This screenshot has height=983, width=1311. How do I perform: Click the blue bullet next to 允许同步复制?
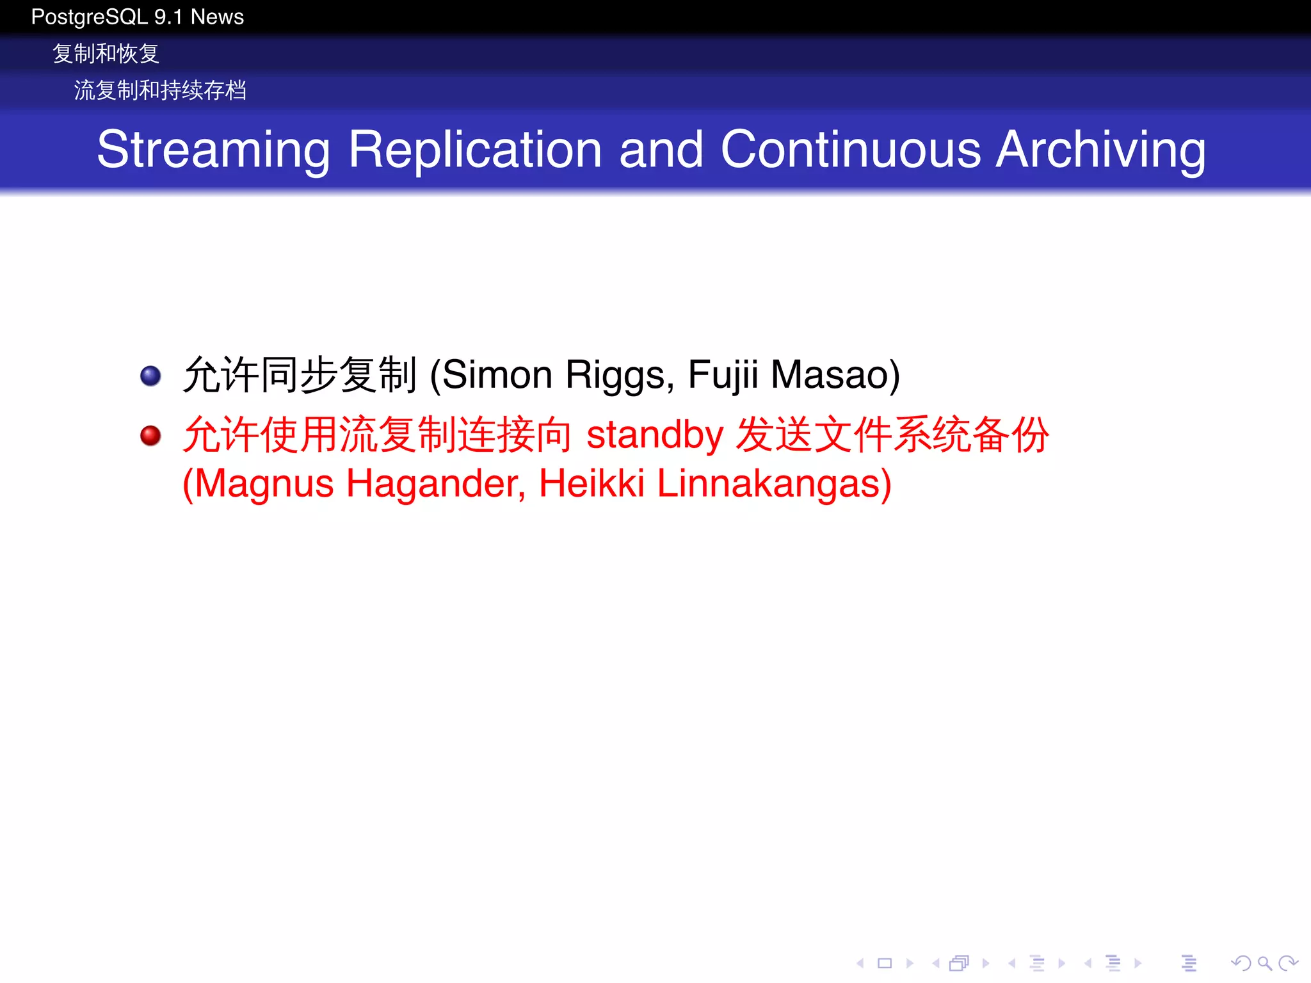tap(150, 376)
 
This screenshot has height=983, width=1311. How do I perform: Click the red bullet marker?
tap(150, 436)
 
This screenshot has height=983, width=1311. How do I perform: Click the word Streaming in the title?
tap(213, 150)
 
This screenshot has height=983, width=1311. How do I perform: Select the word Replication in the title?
tap(475, 150)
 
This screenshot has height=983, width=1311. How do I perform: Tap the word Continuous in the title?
tap(850, 150)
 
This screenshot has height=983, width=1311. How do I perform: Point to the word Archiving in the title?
tap(1100, 150)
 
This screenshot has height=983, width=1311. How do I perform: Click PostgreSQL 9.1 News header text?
tap(137, 17)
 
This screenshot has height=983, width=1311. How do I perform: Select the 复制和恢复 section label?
tap(106, 54)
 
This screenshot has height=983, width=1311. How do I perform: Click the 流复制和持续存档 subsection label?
tap(160, 90)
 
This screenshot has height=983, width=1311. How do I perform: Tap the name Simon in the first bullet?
tap(497, 375)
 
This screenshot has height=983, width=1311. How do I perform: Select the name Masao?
tap(830, 375)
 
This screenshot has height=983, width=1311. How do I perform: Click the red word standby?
tap(654, 435)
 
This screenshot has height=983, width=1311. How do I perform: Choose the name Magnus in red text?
tap(263, 484)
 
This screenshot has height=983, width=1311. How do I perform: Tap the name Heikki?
tap(591, 484)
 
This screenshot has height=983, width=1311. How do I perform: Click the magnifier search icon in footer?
tap(1264, 963)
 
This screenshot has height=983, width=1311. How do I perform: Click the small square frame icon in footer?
tap(885, 963)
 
